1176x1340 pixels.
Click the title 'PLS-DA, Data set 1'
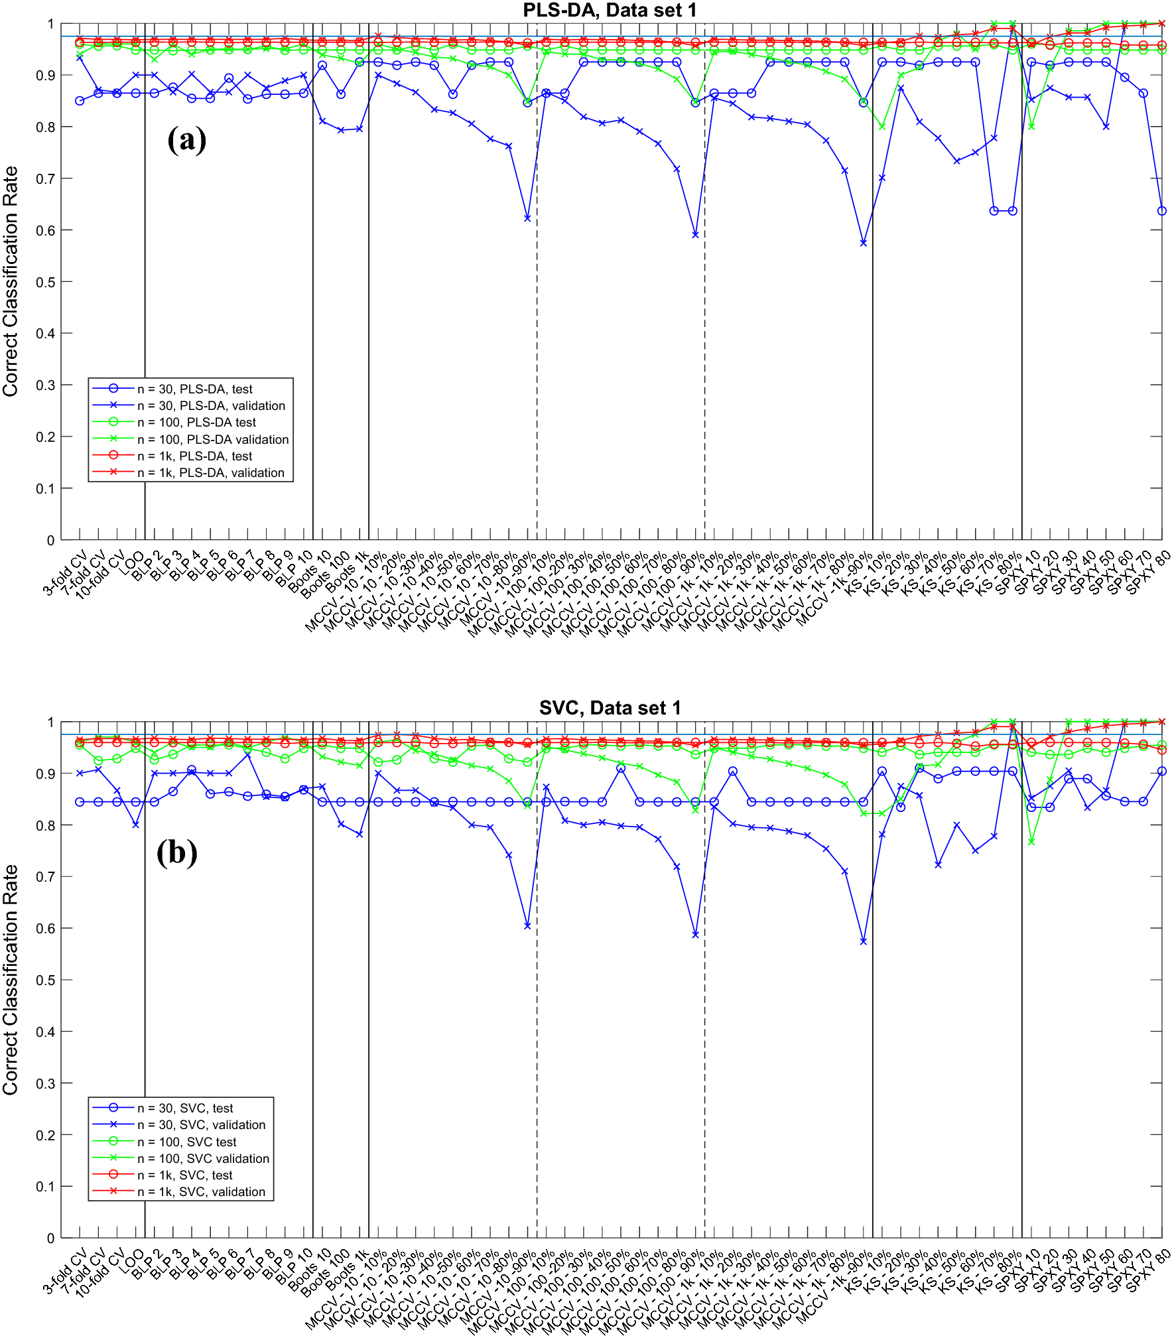point(610,10)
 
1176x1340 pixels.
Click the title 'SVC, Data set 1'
point(610,708)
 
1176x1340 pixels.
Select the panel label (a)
point(186,140)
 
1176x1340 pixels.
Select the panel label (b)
point(176,852)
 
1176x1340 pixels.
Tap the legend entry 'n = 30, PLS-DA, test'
point(194,389)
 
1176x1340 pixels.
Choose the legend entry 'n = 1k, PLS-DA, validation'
point(210,472)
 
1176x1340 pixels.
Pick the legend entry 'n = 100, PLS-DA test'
point(196,422)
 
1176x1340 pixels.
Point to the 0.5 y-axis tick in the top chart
point(46,282)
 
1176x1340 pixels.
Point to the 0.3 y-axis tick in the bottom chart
point(46,1083)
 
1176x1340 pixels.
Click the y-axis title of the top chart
point(11,282)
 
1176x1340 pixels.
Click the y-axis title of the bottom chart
point(11,980)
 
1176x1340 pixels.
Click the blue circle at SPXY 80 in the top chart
point(1161,211)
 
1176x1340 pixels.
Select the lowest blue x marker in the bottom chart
point(863,941)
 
